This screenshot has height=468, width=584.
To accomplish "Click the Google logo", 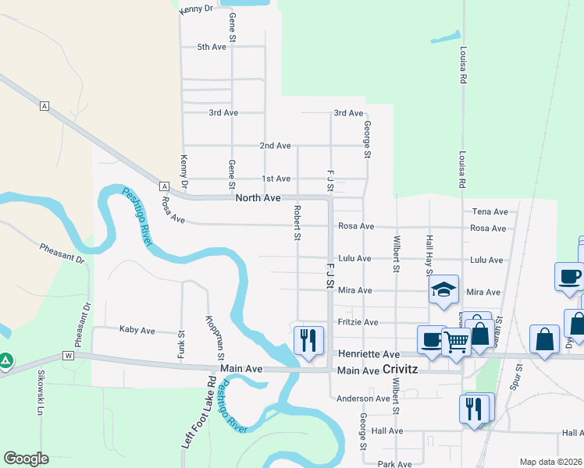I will pyautogui.click(x=26, y=459).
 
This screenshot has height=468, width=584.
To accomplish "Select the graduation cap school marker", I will pyautogui.click(x=443, y=290).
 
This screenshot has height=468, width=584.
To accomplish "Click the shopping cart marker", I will pyautogui.click(x=456, y=340).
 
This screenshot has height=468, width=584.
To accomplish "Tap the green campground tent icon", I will pyautogui.click(x=5, y=361).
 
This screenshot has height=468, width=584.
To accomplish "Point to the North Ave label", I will pyautogui.click(x=258, y=199).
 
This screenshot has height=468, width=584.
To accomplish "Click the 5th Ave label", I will pyautogui.click(x=212, y=47).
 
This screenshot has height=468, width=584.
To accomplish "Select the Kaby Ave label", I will pyautogui.click(x=137, y=330).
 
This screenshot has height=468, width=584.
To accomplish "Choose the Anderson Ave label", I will pyautogui.click(x=363, y=399).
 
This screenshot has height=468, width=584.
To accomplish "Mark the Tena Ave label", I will pyautogui.click(x=490, y=211).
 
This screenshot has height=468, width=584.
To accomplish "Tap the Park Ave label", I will pyautogui.click(x=394, y=464).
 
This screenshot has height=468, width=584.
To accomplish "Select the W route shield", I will pyautogui.click(x=68, y=356).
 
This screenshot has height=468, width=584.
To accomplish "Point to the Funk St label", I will pyautogui.click(x=181, y=341).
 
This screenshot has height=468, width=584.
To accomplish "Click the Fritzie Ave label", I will pyautogui.click(x=358, y=322).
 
